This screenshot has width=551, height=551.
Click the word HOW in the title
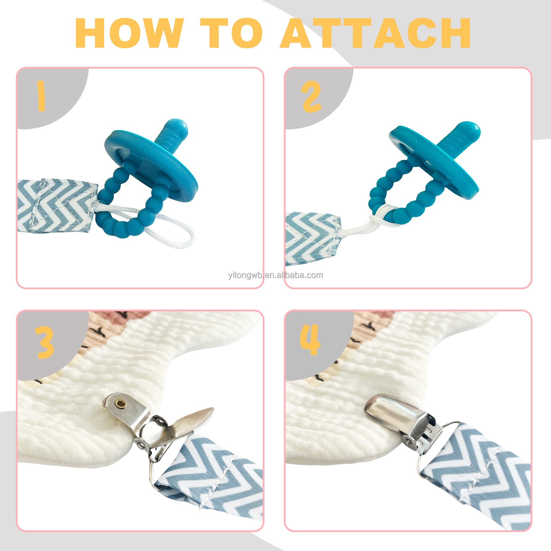129,33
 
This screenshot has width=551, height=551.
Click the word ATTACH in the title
375,33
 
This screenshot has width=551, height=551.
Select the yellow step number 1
41,96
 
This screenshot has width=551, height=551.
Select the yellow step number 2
311,97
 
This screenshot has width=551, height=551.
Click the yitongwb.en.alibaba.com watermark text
275,275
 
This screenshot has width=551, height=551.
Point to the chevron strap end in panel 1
57,206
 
